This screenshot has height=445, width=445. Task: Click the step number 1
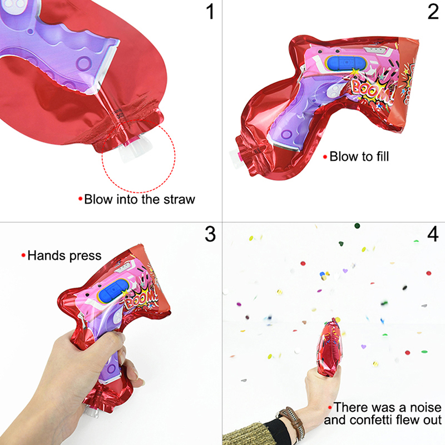click(x=210, y=12)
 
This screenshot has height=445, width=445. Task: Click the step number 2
click(x=433, y=12)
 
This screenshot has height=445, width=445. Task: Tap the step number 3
click(x=210, y=234)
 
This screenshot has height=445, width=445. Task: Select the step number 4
click(x=433, y=234)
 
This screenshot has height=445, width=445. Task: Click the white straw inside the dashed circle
click(x=134, y=149)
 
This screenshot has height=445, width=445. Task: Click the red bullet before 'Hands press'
click(x=23, y=255)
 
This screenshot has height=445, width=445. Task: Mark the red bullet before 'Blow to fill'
click(x=325, y=157)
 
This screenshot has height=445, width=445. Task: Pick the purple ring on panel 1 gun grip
click(x=85, y=63)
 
